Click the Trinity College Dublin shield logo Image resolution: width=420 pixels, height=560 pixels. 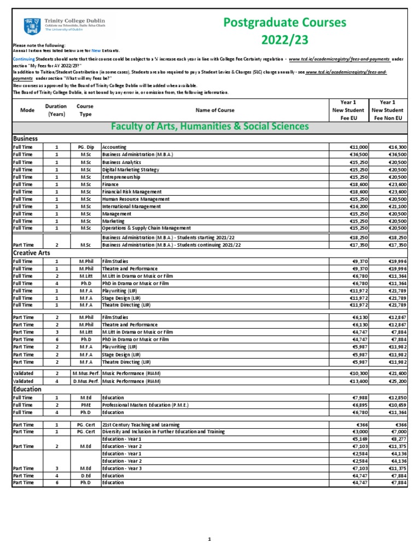click(28, 26)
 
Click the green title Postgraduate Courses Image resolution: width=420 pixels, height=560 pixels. click(285, 22)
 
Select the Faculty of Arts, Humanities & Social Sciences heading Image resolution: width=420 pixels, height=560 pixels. click(209, 127)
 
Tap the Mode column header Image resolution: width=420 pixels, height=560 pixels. click(27, 110)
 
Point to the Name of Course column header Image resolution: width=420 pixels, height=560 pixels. click(214, 110)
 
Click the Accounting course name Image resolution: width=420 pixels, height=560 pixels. click(114, 147)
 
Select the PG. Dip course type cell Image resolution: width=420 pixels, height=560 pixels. click(86, 147)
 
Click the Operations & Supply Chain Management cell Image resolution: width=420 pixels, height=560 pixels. click(146, 228)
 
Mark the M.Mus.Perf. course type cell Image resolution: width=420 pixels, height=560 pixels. click(85, 373)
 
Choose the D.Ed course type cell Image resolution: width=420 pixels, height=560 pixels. click(85, 476)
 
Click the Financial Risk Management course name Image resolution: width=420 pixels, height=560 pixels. click(132, 192)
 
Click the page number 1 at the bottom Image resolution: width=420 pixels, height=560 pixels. click(209, 539)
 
